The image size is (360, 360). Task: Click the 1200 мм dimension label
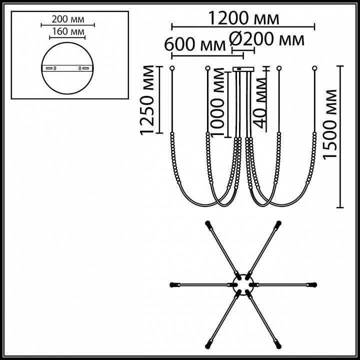pos(243,18)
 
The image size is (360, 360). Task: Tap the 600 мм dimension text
pos(195,44)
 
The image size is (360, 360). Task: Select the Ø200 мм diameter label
pos(267,39)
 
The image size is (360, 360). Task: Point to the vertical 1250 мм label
pos(147,100)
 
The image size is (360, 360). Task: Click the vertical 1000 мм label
pos(217,102)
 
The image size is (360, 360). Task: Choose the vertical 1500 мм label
pos(329,124)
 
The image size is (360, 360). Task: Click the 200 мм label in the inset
pos(68,19)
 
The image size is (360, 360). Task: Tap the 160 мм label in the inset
pos(68,31)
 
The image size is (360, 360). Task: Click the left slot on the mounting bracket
pos(48,68)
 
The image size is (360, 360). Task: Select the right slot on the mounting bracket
pos(85,68)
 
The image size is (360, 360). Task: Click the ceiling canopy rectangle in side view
pos(243,69)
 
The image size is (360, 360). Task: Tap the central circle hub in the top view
pos(243,284)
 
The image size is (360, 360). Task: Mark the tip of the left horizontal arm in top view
pos(170,285)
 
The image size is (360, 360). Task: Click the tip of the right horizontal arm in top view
pos(316,285)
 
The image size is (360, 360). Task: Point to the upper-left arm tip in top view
pos(207,222)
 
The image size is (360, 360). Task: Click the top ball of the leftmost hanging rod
pos(171,68)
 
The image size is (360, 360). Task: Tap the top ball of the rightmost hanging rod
pos(314,68)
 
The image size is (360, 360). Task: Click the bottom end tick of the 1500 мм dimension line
pos(340,207)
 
